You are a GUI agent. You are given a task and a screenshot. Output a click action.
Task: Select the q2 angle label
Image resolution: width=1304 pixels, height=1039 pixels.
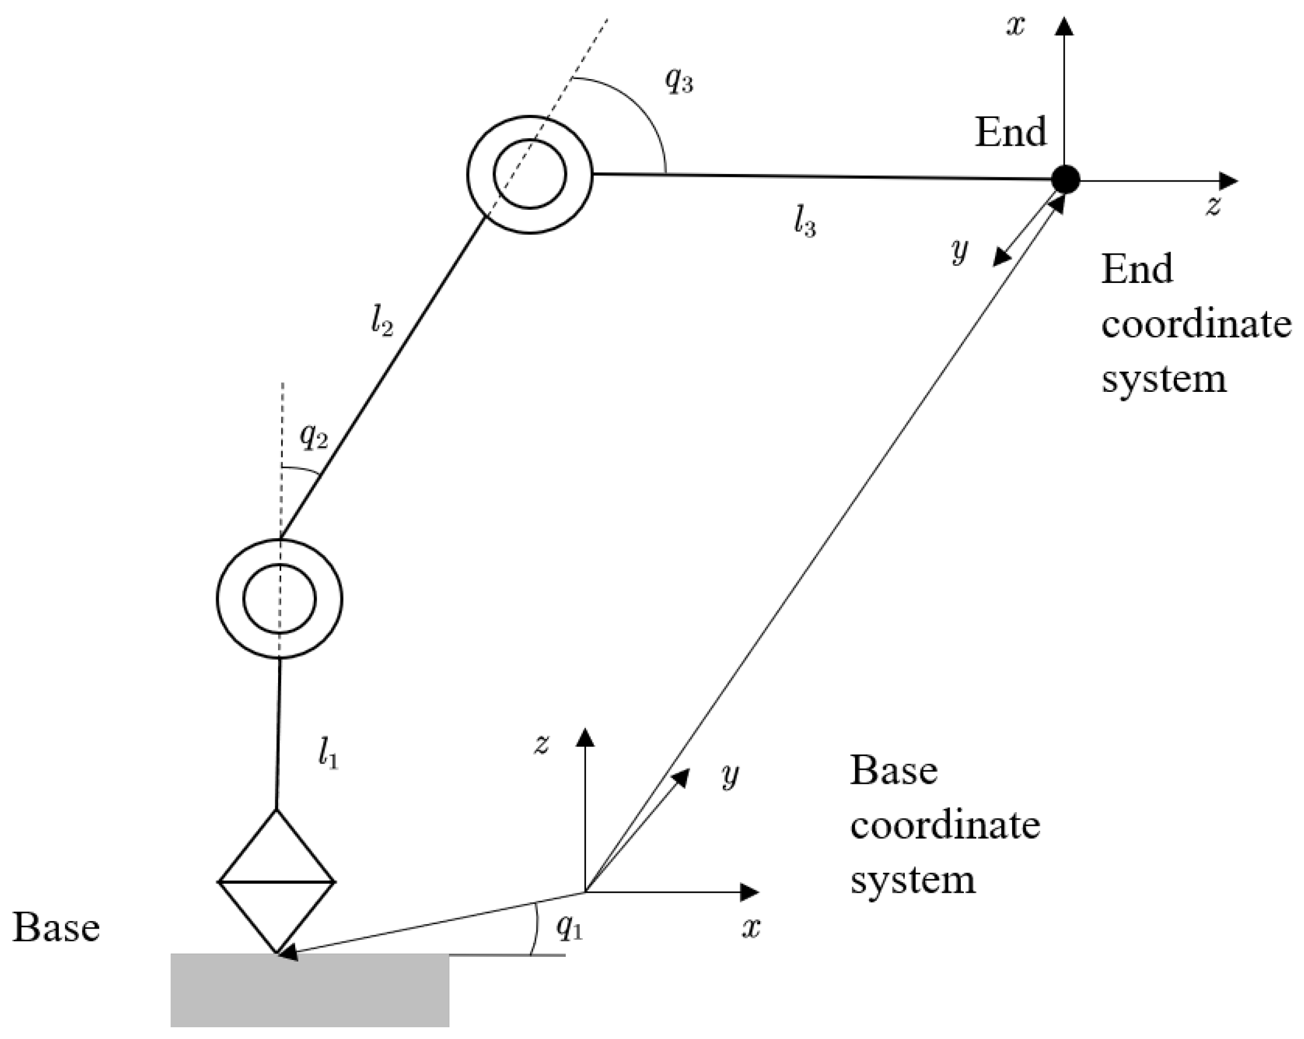[313, 436]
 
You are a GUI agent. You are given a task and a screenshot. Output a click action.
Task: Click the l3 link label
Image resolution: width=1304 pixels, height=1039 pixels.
[805, 221]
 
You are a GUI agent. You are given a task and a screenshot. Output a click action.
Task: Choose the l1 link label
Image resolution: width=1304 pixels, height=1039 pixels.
[328, 754]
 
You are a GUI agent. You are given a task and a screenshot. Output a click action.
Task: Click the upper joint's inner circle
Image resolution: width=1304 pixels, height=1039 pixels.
[531, 174]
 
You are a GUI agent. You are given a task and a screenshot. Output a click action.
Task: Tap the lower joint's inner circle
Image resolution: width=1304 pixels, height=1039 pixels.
[280, 599]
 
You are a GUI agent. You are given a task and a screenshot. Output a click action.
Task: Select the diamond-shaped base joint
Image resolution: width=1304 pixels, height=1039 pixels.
[276, 881]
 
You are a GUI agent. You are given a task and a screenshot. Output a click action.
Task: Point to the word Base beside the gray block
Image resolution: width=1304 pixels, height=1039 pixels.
[56, 927]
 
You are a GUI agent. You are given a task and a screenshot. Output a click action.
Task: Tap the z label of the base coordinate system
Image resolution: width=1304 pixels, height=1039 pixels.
[541, 744]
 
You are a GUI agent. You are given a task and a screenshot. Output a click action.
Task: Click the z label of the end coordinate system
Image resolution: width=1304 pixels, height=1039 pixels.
[1213, 206]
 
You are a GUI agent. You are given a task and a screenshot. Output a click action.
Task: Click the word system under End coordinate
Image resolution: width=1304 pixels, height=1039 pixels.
[1164, 380]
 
